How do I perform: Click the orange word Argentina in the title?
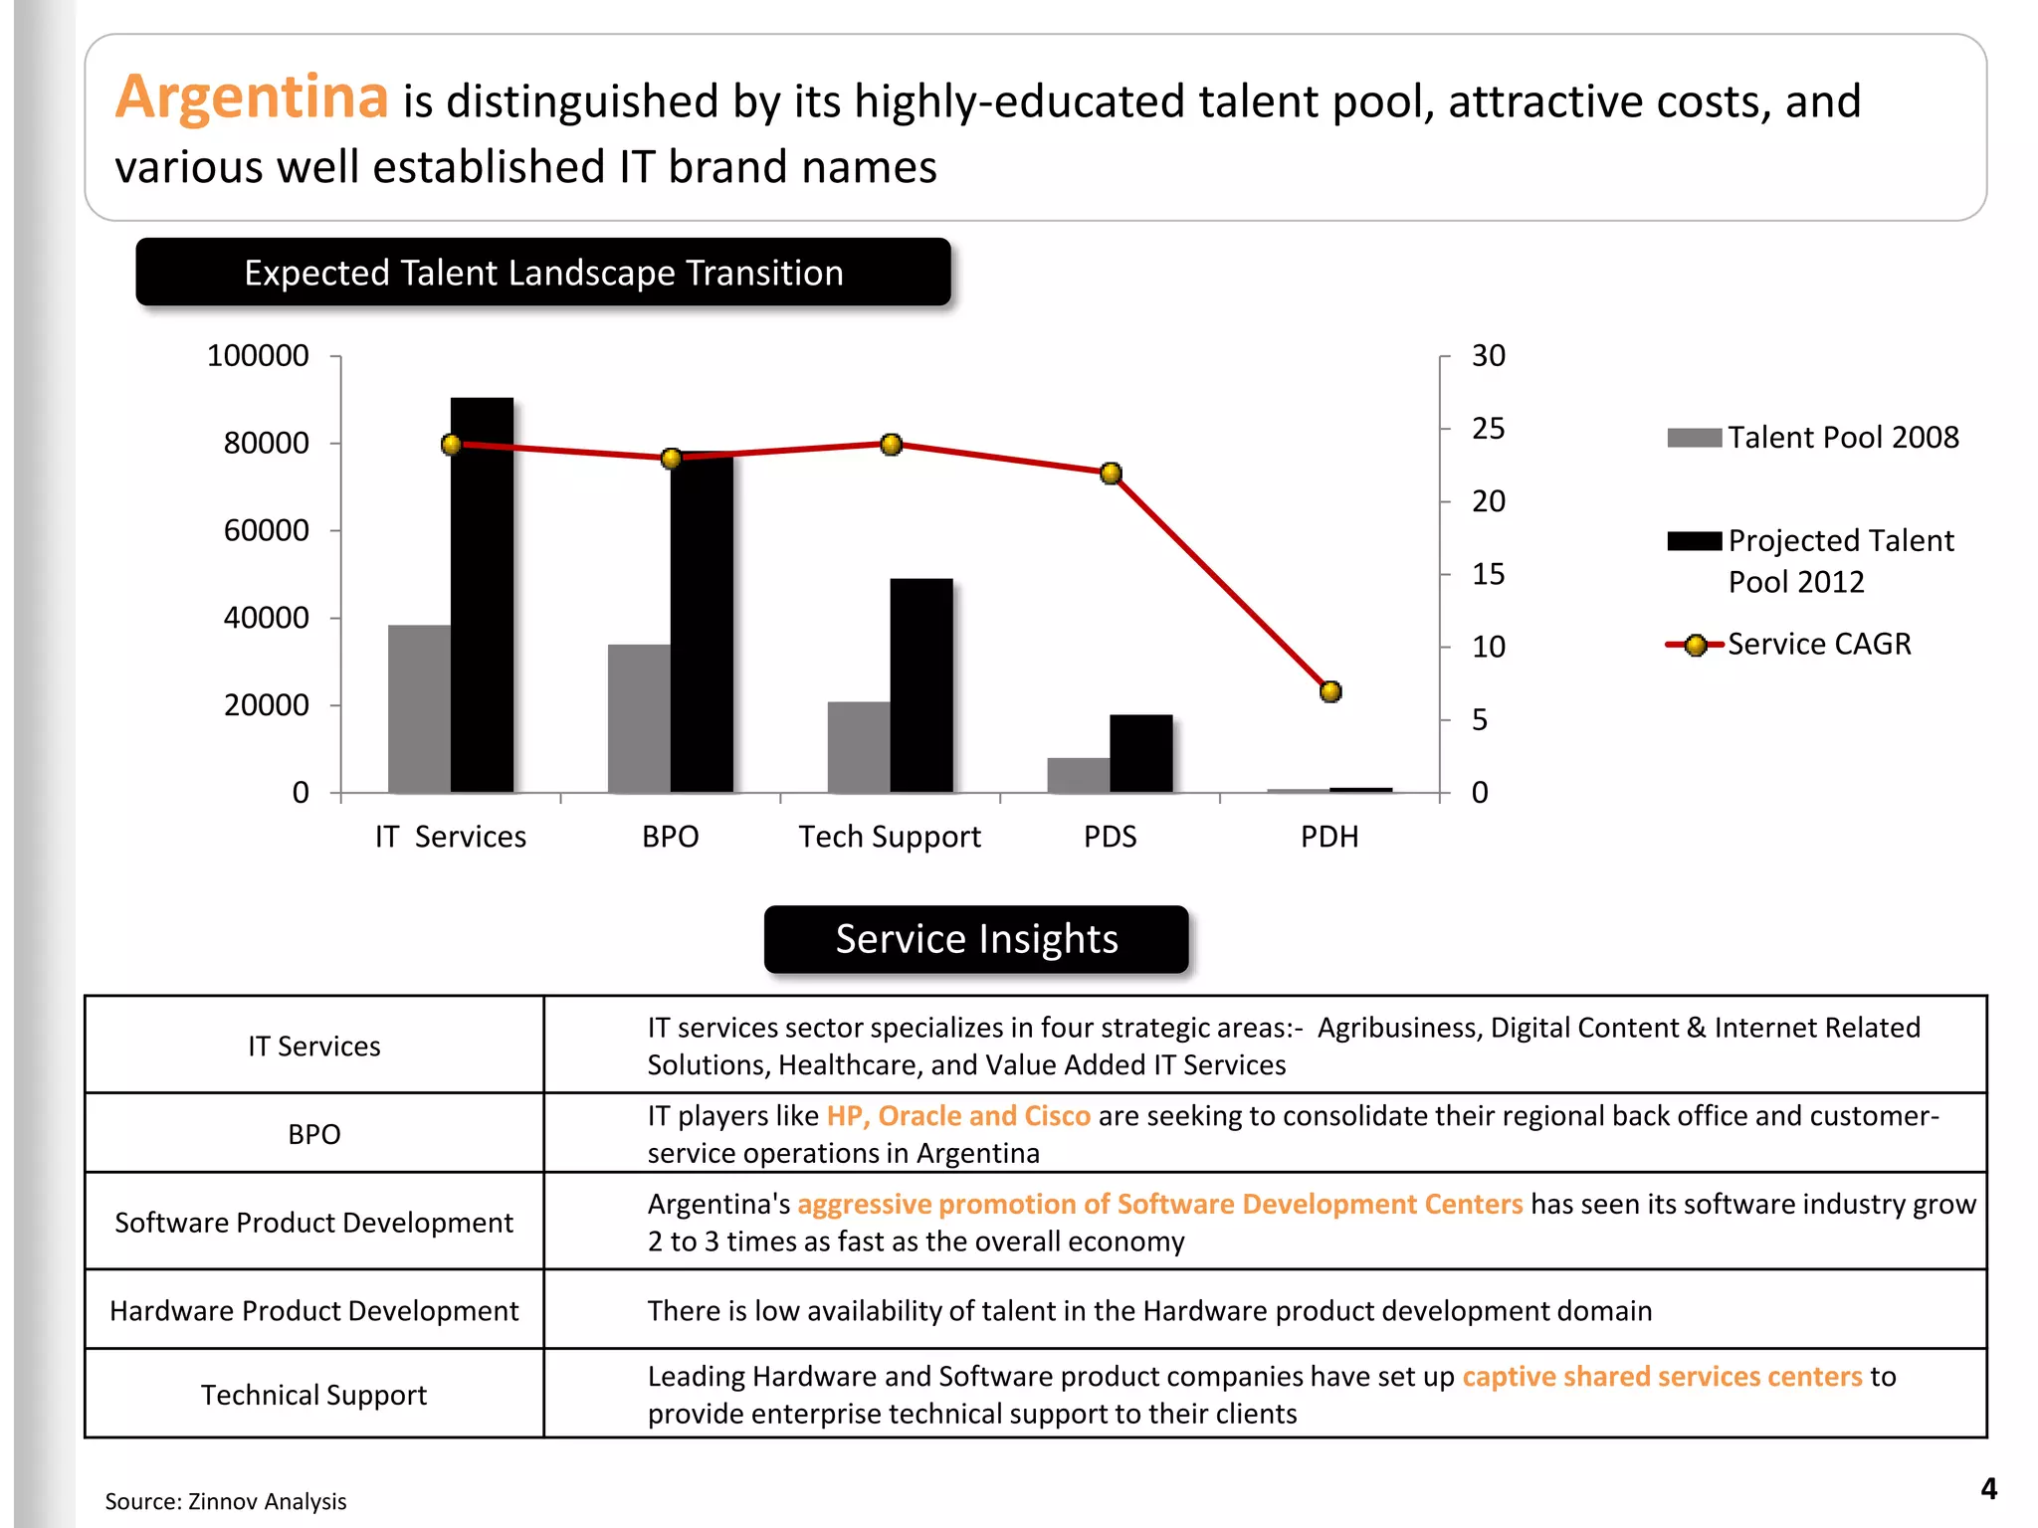pos(251,97)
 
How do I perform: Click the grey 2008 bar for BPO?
pos(639,718)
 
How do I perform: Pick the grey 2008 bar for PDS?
pos(1078,775)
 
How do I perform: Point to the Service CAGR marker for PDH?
pos(1330,691)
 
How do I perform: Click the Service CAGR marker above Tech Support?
pos(891,444)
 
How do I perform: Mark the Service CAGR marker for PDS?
pos(1111,474)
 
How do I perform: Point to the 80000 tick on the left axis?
pos(266,443)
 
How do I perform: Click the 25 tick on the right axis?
pos(1488,429)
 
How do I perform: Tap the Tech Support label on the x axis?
pos(890,837)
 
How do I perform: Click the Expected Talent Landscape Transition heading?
pos(543,273)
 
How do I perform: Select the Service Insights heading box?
pos(976,939)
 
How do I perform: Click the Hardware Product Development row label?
pos(313,1311)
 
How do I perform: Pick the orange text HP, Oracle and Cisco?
pos(958,1116)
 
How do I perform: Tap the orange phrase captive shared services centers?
pos(1661,1377)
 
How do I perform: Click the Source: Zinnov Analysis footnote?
pos(226,1501)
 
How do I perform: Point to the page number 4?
pos(1988,1489)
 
